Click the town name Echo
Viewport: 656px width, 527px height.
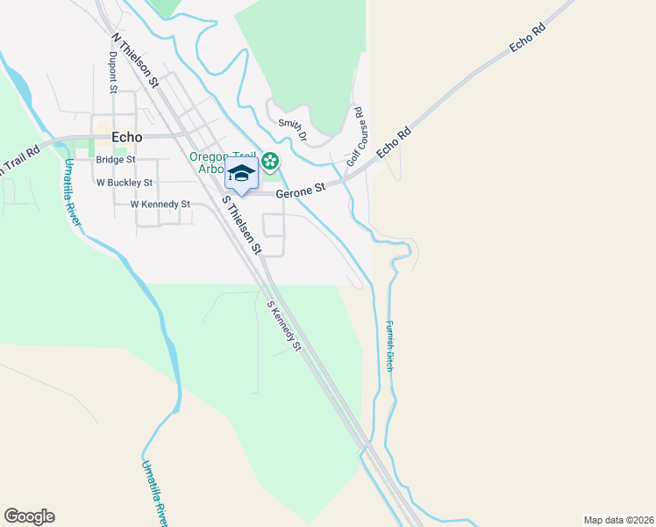coord(127,137)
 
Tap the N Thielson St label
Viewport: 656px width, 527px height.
coord(134,61)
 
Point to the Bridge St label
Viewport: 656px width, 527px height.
coord(115,160)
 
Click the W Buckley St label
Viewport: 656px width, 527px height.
coord(125,183)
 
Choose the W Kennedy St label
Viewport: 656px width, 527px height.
coord(160,204)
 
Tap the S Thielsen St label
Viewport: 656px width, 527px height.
coord(241,225)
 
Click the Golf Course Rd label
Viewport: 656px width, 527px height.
coord(354,136)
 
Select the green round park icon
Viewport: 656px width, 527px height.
coord(271,161)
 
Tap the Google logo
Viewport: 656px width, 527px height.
coord(29,516)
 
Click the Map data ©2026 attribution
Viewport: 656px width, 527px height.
coord(617,519)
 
